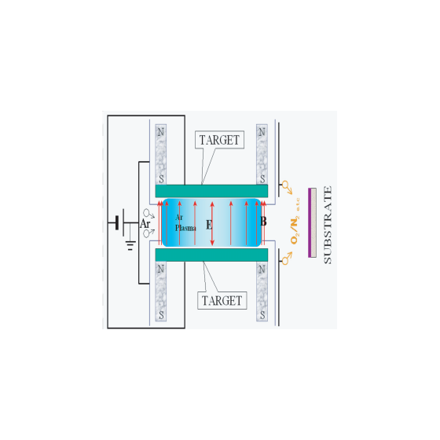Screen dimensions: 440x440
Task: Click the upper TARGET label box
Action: [219, 140]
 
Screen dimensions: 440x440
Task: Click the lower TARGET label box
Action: [222, 301]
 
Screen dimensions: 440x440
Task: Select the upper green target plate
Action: [211, 191]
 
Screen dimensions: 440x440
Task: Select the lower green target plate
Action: [211, 255]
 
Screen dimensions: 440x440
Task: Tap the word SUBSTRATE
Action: [328, 225]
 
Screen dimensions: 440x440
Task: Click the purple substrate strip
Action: [310, 222]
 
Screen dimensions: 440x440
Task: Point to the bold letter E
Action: [209, 225]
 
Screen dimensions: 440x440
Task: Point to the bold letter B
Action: [263, 222]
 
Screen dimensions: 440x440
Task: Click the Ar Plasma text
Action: [185, 223]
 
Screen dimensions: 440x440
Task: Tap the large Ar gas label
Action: [145, 224]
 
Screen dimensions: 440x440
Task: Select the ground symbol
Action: [130, 245]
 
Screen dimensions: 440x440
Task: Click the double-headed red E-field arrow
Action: [212, 223]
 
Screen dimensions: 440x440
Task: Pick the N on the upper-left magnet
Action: [161, 132]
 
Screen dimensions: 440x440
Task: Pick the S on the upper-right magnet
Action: [262, 179]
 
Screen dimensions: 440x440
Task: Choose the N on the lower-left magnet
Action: [161, 269]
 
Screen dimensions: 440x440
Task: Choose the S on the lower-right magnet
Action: [262, 315]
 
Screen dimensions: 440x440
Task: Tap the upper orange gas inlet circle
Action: [285, 185]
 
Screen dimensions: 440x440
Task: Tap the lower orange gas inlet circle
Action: [285, 261]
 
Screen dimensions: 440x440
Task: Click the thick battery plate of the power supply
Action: [117, 223]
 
